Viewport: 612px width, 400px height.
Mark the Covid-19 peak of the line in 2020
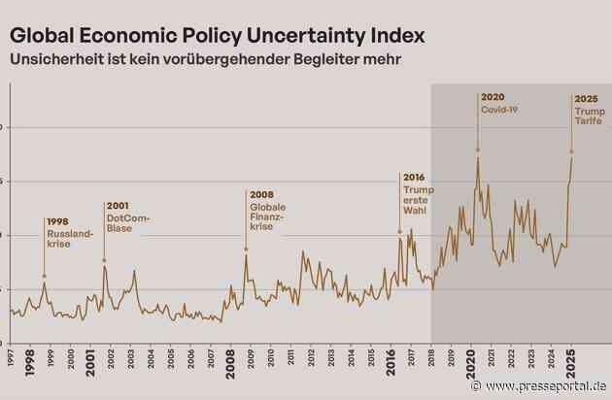477,156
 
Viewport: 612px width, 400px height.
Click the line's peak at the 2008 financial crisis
246,252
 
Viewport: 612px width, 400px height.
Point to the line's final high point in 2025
571,157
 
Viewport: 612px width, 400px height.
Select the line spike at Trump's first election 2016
399,237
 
